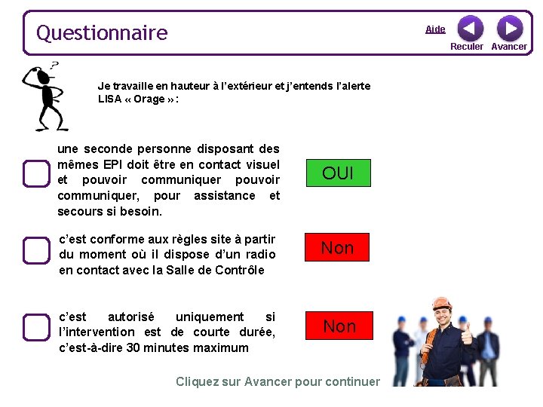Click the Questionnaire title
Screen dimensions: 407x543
pyautogui.click(x=102, y=33)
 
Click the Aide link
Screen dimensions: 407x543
pyautogui.click(x=435, y=29)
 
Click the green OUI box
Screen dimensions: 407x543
pyautogui.click(x=337, y=173)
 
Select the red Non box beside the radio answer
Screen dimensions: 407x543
pyautogui.click(x=337, y=247)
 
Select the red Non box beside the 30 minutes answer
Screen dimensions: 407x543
pyautogui.click(x=339, y=326)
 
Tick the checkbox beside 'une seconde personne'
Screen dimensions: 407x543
pyautogui.click(x=35, y=173)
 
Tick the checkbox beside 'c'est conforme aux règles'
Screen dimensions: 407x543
pyautogui.click(x=35, y=249)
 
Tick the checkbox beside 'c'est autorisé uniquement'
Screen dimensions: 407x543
pyautogui.click(x=35, y=327)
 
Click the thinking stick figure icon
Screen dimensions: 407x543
pyautogui.click(x=45, y=98)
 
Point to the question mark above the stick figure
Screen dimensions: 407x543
pyautogui.click(x=54, y=66)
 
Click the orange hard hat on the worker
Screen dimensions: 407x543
pyautogui.click(x=442, y=304)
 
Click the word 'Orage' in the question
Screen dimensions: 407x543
pyautogui.click(x=149, y=99)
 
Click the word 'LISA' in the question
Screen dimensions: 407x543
pyautogui.click(x=110, y=99)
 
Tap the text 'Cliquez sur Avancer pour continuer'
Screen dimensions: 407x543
pyautogui.click(x=278, y=381)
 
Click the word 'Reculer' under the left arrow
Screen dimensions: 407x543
pyautogui.click(x=467, y=47)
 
